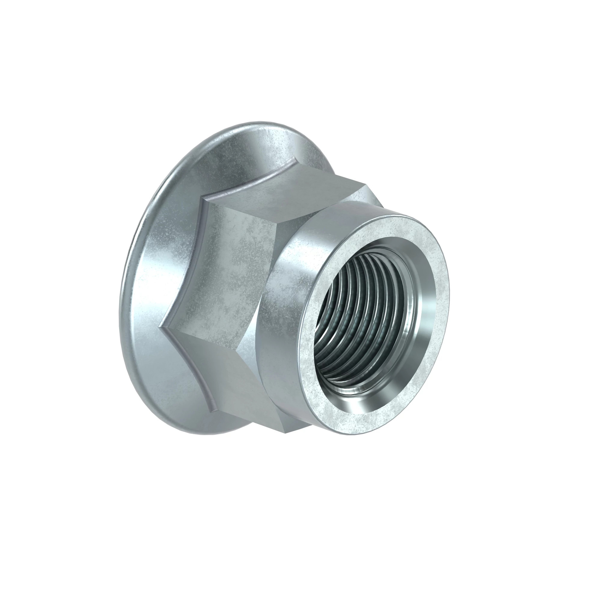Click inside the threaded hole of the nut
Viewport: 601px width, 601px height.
point(358,311)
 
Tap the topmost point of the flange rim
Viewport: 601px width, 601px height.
point(258,122)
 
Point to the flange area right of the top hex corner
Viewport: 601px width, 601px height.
point(314,156)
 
